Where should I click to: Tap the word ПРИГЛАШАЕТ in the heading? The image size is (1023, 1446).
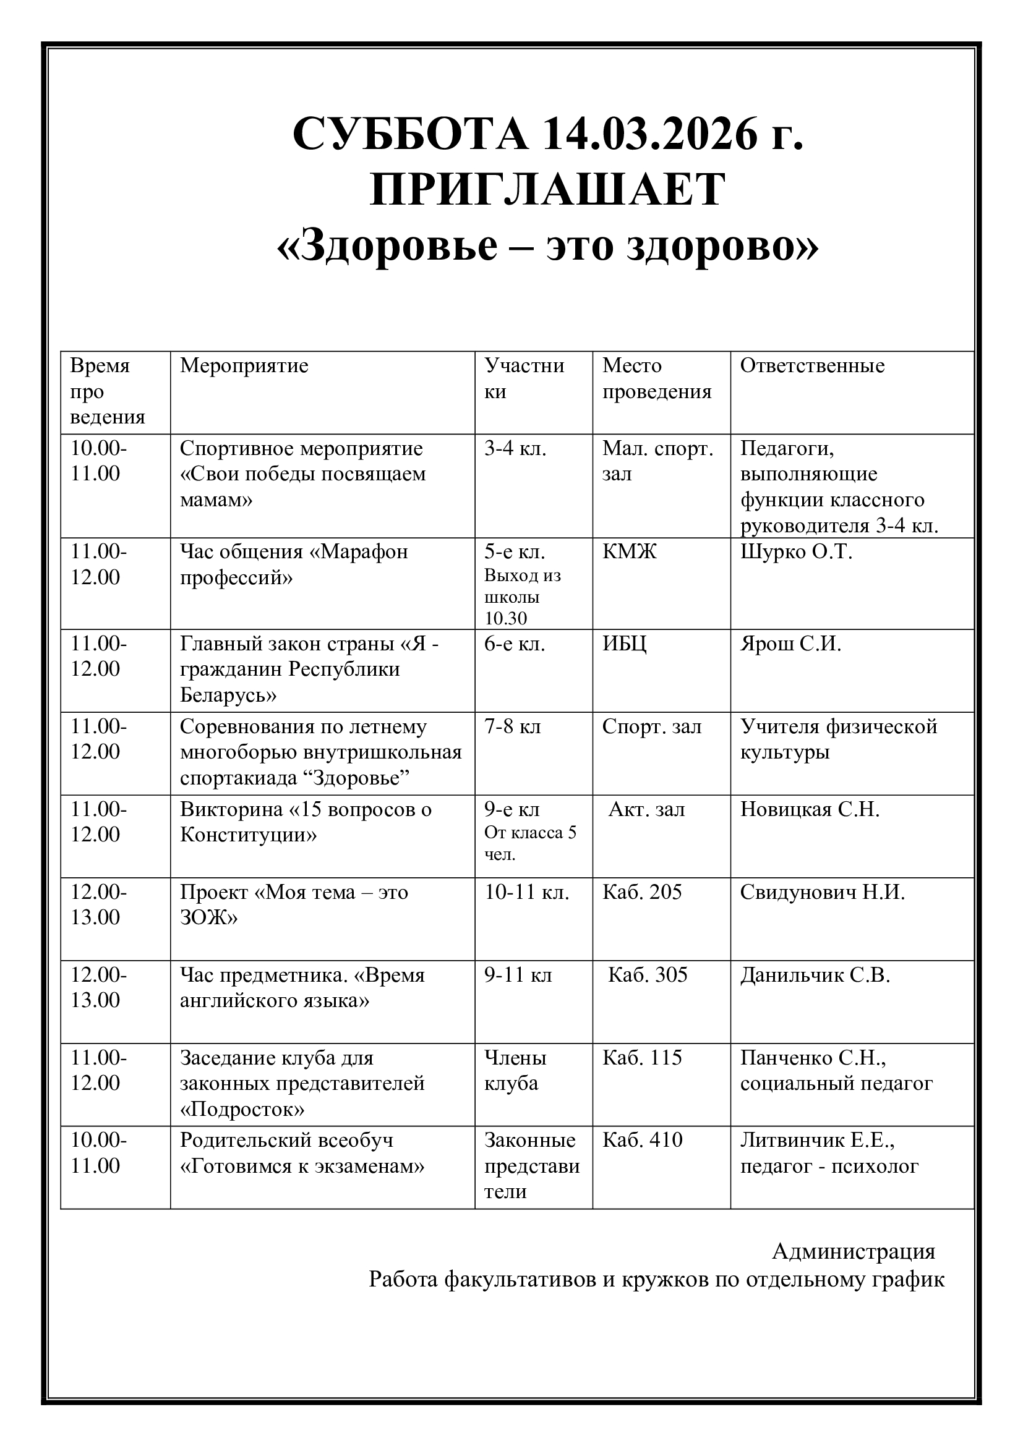click(x=547, y=190)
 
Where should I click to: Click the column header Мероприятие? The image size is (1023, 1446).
click(x=244, y=365)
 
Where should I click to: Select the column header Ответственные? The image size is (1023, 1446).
click(x=812, y=365)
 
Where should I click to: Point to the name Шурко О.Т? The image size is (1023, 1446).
click(x=795, y=551)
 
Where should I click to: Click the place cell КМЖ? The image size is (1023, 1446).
click(x=628, y=551)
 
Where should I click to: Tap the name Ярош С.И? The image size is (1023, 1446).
click(x=790, y=644)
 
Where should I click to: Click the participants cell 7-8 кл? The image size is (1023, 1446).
click(x=512, y=726)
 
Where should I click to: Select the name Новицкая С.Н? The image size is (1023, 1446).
click(x=810, y=809)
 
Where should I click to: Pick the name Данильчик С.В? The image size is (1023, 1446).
click(x=815, y=975)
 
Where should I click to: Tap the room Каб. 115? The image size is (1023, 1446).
click(x=642, y=1057)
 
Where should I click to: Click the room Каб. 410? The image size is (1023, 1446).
click(x=642, y=1140)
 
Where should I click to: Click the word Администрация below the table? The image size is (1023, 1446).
click(x=854, y=1251)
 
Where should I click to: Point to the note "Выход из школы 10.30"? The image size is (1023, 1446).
click(x=522, y=597)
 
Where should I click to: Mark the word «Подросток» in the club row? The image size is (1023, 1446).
click(x=242, y=1109)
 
